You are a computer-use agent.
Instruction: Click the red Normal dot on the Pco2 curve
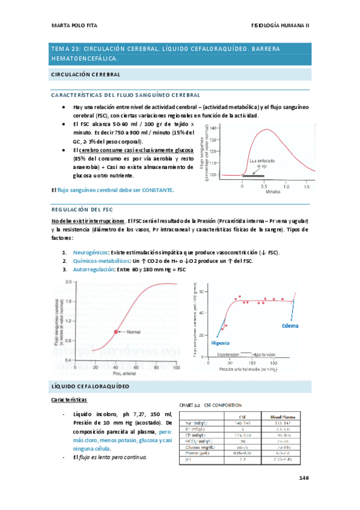pyautogui.click(x=115, y=331)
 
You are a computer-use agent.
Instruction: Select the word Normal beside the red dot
pyautogui.click(x=136, y=331)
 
